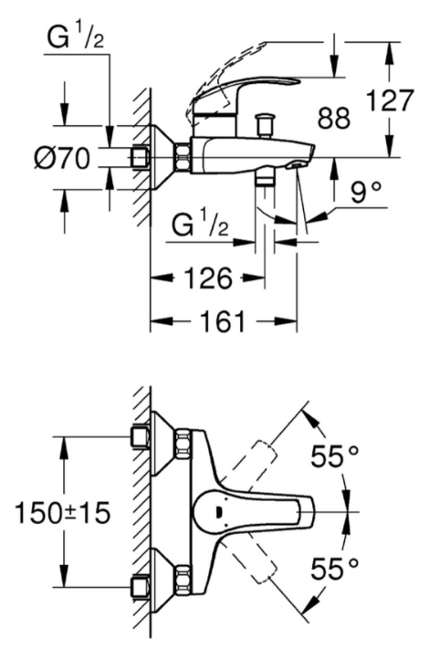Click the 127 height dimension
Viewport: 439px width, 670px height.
tap(391, 100)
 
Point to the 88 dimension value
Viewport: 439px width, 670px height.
tap(333, 118)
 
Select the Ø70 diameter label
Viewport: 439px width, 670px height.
tap(62, 159)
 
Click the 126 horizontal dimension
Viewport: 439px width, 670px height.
tap(208, 278)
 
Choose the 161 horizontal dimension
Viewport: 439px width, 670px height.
tap(223, 321)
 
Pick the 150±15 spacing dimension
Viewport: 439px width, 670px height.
tap(63, 512)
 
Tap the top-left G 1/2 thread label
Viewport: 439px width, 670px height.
tap(75, 37)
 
